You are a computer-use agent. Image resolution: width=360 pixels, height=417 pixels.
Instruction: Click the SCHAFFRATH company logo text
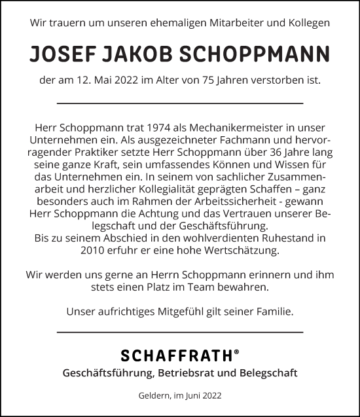[176, 356]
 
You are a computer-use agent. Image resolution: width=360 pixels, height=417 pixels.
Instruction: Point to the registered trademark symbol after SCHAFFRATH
[236, 352]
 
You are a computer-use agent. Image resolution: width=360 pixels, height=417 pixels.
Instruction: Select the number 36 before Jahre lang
[266, 151]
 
